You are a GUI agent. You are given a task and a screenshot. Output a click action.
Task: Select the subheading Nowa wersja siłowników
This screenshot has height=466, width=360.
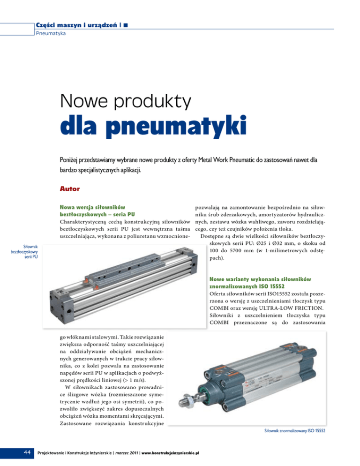point(92,206)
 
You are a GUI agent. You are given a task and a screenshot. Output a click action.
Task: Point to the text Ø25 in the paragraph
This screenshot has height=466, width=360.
point(285,243)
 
